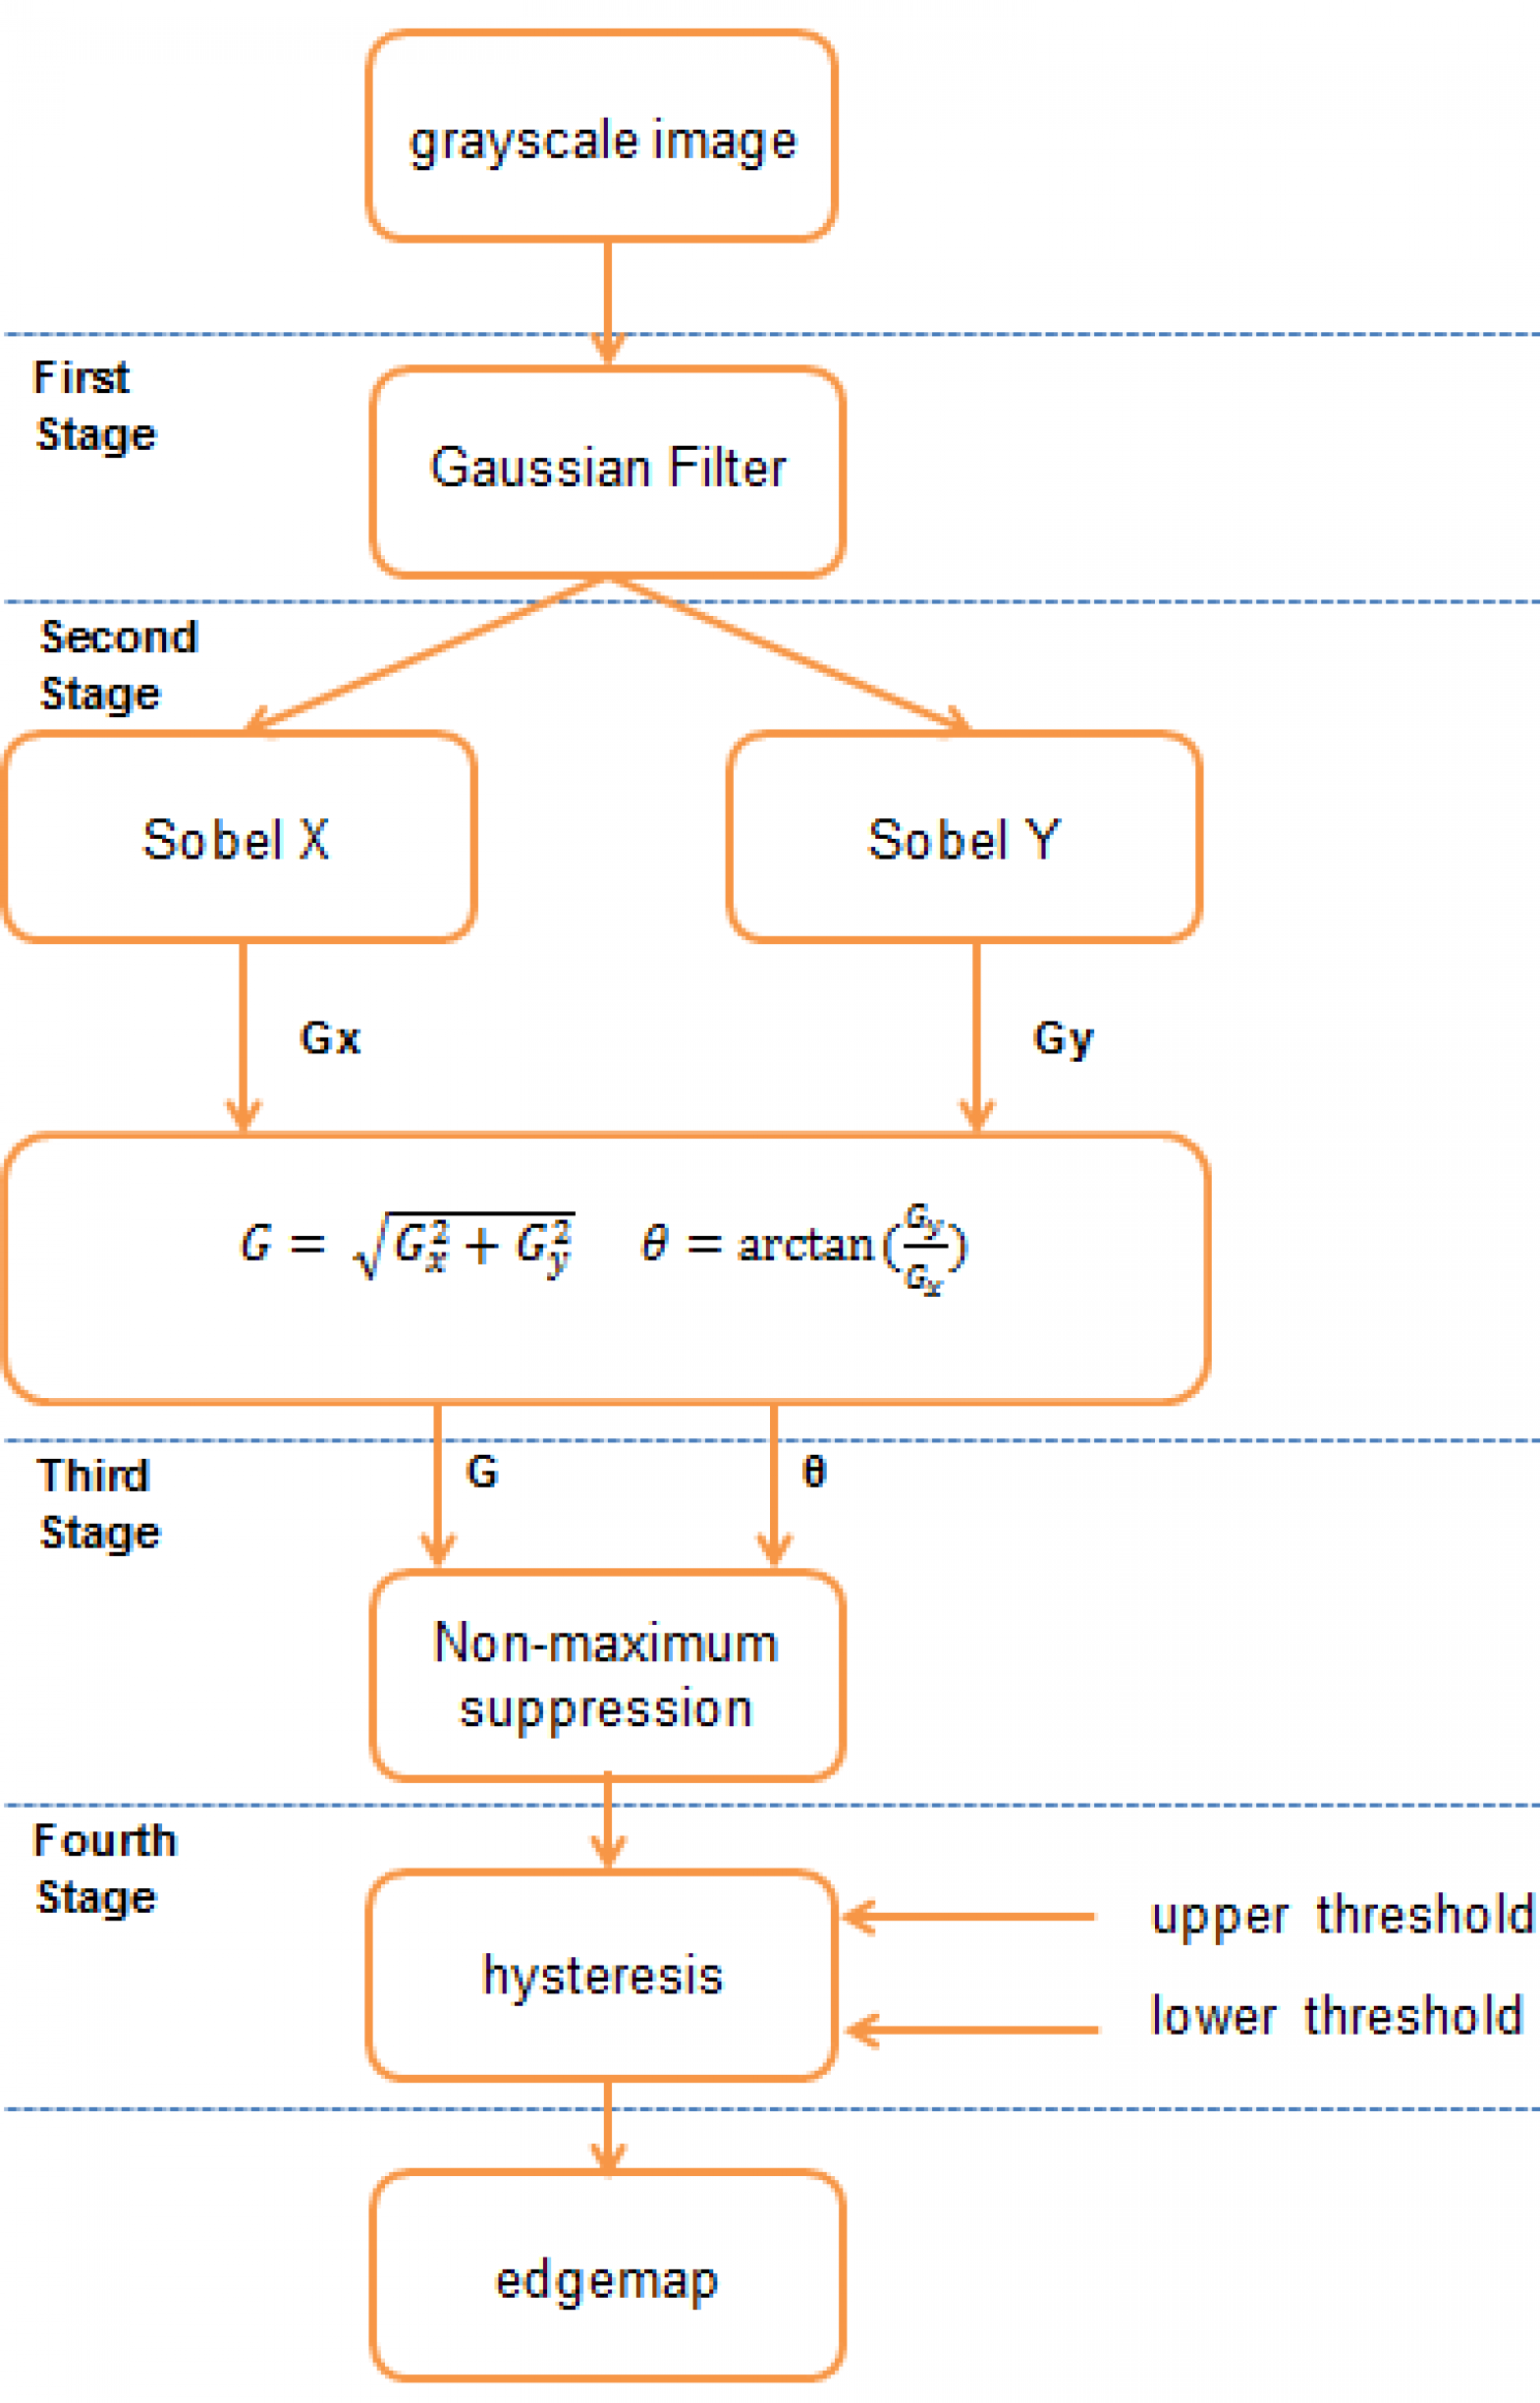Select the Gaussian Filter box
click(607, 471)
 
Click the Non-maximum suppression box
click(607, 1676)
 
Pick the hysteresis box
click(601, 1977)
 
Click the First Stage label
click(94, 406)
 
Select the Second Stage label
click(118, 665)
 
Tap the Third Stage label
click(98, 1504)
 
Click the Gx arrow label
click(330, 1038)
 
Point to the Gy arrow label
click(1062, 1038)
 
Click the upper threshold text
click(1341, 1916)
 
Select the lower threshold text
click(1336, 2016)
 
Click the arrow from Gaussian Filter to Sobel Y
click(790, 654)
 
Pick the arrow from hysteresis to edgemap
click(608, 2125)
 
